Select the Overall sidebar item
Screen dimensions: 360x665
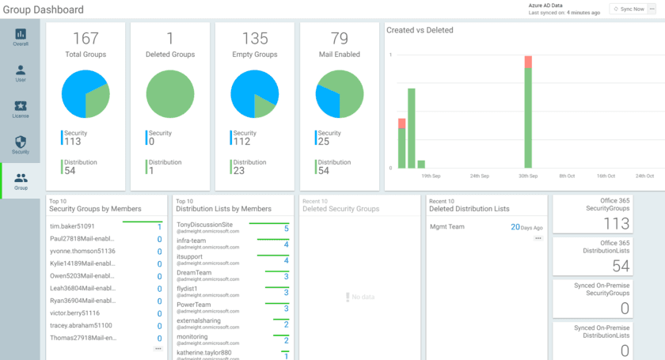(x=21, y=37)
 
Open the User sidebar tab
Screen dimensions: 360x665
(x=21, y=74)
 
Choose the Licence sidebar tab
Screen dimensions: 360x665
(x=21, y=109)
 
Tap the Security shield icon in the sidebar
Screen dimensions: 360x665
(x=21, y=142)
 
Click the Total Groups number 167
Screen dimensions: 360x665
(x=85, y=39)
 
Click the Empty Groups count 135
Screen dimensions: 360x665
(x=254, y=39)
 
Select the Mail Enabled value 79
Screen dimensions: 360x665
(x=339, y=39)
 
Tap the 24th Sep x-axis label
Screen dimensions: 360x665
(x=479, y=176)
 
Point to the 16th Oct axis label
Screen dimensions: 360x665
(x=606, y=176)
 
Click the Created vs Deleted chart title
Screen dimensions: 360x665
(x=420, y=30)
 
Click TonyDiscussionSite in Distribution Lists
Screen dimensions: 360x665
(x=204, y=225)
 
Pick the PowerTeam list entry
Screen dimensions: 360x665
(x=193, y=305)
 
